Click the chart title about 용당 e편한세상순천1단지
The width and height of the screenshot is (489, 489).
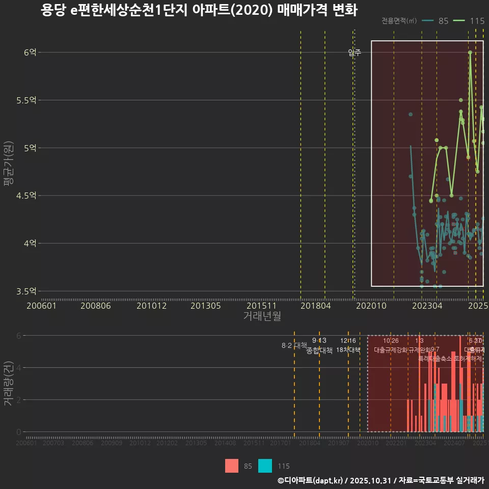(x=199, y=11)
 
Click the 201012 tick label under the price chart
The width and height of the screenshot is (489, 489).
(x=151, y=306)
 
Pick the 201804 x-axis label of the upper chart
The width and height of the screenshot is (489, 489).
(x=315, y=306)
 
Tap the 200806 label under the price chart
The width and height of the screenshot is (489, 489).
(x=96, y=306)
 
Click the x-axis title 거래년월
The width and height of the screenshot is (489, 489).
(x=262, y=316)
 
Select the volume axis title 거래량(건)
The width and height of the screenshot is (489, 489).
(x=8, y=383)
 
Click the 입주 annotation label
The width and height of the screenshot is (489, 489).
(x=355, y=52)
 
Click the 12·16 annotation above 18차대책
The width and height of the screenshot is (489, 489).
(x=348, y=340)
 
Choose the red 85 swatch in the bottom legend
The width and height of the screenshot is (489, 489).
(x=232, y=466)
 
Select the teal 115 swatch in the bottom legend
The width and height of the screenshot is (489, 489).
(x=265, y=466)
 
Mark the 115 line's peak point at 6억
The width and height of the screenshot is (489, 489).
(x=470, y=52)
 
